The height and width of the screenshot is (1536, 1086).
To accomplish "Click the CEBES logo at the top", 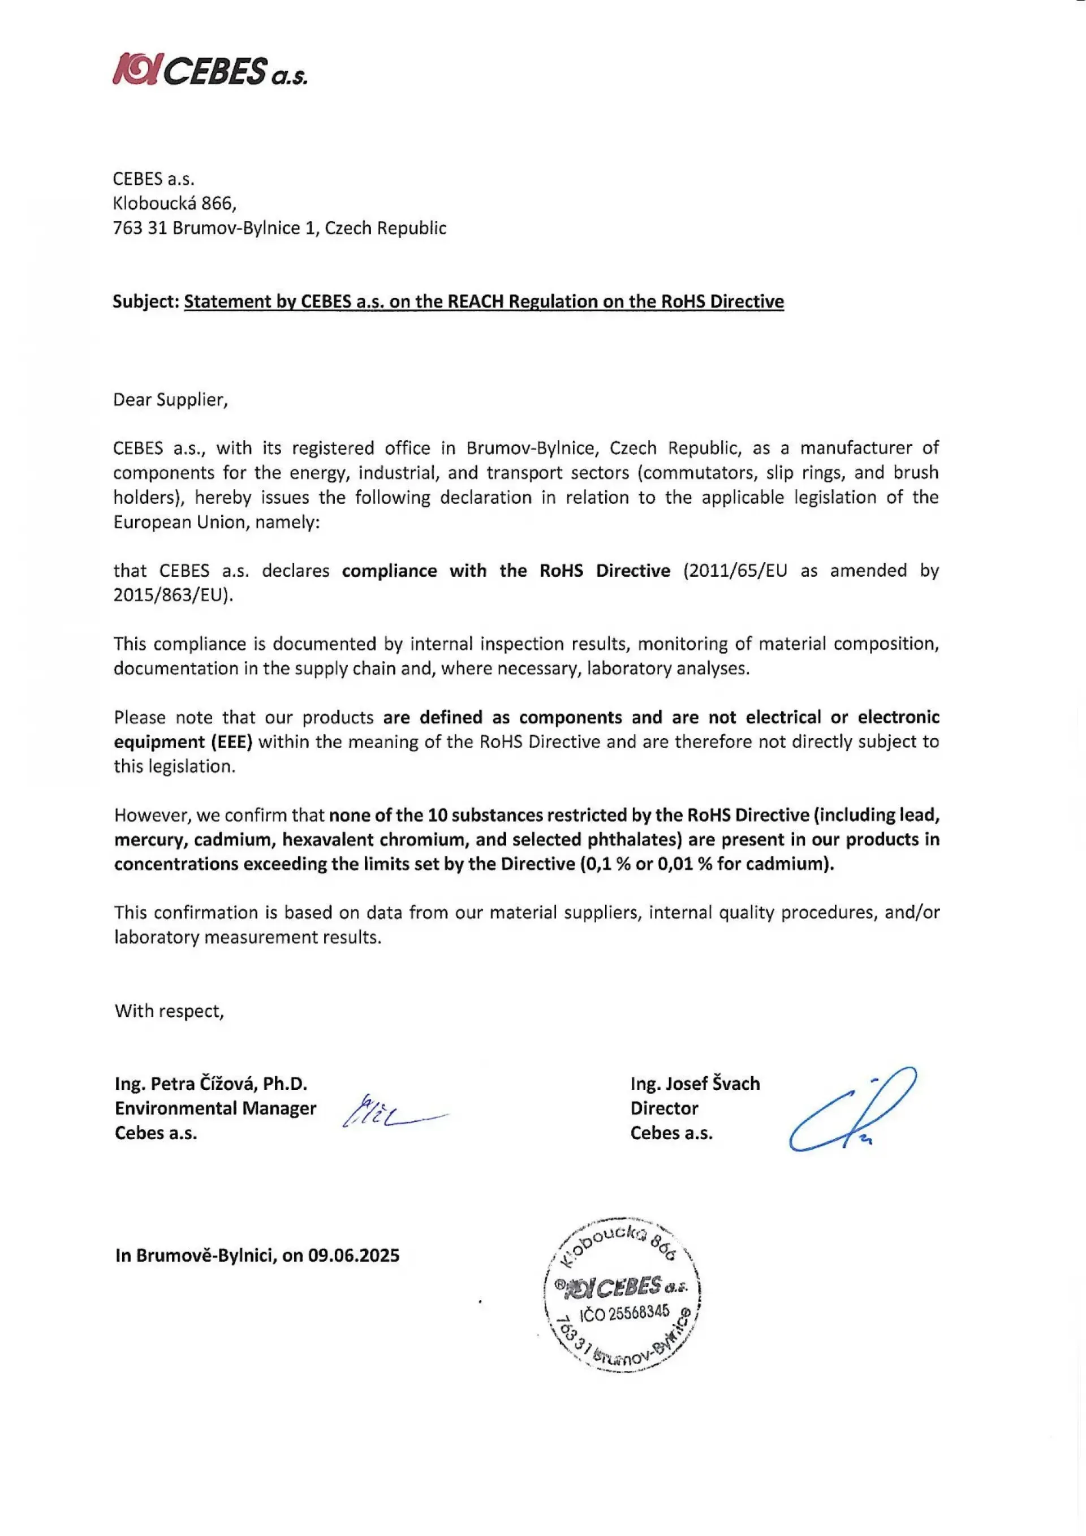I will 209,70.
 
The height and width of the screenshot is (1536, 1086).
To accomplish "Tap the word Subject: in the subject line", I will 146,302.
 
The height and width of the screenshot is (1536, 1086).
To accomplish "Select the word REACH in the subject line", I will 475,302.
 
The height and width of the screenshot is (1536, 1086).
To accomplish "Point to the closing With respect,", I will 169,1010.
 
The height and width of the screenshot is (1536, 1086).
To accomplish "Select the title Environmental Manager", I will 216,1108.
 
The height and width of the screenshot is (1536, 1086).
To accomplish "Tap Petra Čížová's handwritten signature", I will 391,1112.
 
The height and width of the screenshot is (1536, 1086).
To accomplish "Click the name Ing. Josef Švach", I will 695,1083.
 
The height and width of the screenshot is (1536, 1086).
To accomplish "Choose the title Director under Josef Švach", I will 664,1108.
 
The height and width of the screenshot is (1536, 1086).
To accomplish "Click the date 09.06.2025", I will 354,1255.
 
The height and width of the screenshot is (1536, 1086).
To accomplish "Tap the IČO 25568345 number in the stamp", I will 624,1313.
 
